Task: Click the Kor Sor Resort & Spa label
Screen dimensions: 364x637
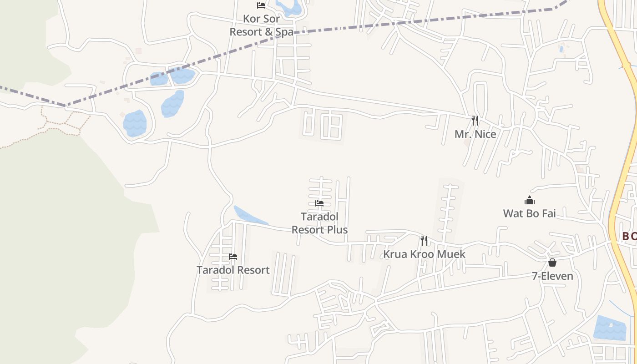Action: click(261, 25)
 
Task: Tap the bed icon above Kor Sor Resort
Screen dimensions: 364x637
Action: click(261, 5)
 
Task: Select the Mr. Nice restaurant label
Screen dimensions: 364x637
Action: click(475, 134)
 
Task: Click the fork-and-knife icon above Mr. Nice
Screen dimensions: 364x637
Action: click(475, 121)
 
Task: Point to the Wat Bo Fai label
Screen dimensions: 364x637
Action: click(529, 213)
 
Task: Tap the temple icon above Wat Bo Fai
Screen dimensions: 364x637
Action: click(530, 200)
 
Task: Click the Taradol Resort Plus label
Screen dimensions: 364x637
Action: click(319, 223)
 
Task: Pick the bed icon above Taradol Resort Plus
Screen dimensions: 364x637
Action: click(319, 203)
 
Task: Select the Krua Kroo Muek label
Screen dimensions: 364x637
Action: click(424, 254)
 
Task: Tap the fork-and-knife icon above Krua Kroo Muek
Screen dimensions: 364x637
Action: click(424, 240)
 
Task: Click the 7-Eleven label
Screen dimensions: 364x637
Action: click(552, 276)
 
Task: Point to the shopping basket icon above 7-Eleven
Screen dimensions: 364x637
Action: click(552, 263)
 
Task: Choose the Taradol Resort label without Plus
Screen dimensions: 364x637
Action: click(233, 270)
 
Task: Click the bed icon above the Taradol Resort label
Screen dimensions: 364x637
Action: click(233, 257)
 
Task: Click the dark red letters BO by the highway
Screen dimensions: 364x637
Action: click(629, 236)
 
